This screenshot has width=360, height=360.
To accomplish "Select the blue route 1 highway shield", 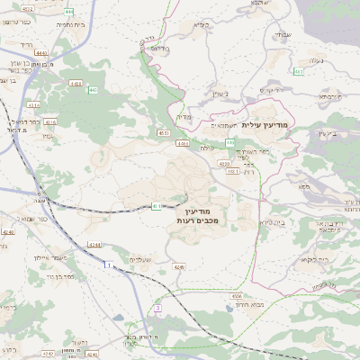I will tap(106, 265).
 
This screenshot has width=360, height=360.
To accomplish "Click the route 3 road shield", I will tap(158, 308).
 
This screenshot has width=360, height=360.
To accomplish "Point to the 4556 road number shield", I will tap(237, 294).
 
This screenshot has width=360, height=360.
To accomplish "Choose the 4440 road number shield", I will tap(41, 53).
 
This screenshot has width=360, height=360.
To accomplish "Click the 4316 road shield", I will tap(50, 121).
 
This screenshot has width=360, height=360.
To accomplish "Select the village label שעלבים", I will tap(141, 259).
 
